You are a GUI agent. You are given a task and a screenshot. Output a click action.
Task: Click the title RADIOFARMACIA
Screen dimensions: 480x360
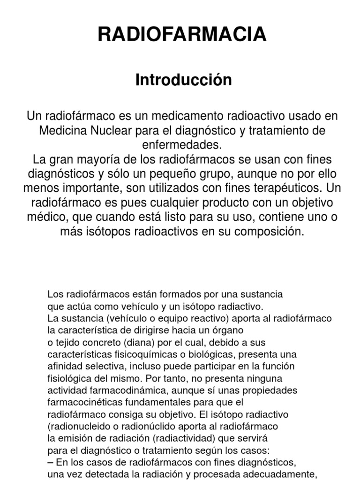(182, 35)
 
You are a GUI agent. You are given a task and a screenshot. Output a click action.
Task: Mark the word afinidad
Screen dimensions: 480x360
(63, 366)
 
